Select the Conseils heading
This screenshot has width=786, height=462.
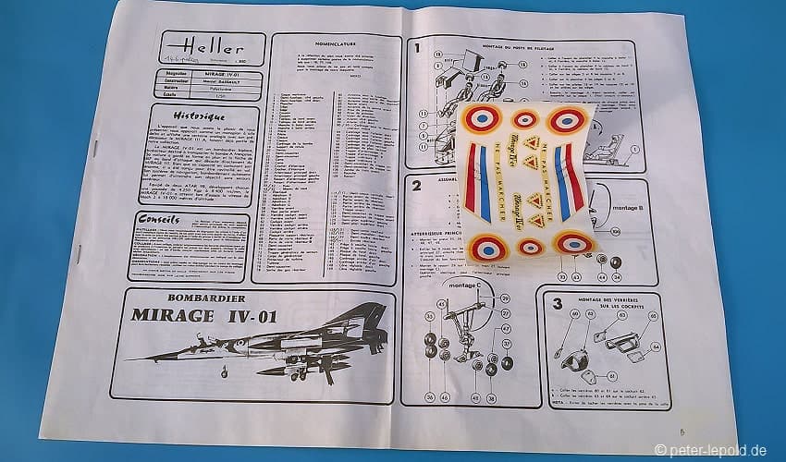pos(159,220)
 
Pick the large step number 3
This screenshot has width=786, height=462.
pos(557,303)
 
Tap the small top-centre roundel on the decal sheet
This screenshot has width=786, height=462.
pos(525,118)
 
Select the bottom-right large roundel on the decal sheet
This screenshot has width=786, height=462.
pos(574,244)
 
